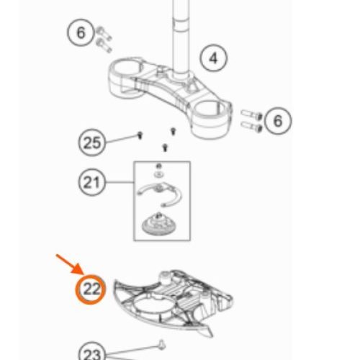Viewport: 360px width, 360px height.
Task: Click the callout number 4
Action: [213, 58]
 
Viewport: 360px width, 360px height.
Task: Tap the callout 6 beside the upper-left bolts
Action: [81, 32]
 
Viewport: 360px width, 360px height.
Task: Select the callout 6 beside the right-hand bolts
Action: [278, 121]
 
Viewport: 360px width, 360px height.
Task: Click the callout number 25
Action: [92, 143]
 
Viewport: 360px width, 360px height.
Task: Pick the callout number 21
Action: [91, 182]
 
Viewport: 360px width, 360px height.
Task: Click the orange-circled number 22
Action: [91, 289]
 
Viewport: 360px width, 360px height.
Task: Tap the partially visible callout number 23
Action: [92, 351]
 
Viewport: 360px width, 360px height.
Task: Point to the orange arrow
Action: [70, 264]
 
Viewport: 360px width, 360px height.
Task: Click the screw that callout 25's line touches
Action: [140, 135]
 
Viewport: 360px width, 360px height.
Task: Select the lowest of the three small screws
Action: [165, 148]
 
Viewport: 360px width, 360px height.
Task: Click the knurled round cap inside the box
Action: [157, 225]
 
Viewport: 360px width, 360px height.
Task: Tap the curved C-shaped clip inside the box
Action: [159, 193]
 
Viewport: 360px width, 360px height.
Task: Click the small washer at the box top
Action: [158, 175]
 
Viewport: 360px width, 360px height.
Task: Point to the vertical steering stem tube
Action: [181, 38]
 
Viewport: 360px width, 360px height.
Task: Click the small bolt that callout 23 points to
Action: [162, 344]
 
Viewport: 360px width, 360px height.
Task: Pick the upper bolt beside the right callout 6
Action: [251, 114]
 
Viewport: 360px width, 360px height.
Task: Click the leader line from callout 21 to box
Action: [120, 182]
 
